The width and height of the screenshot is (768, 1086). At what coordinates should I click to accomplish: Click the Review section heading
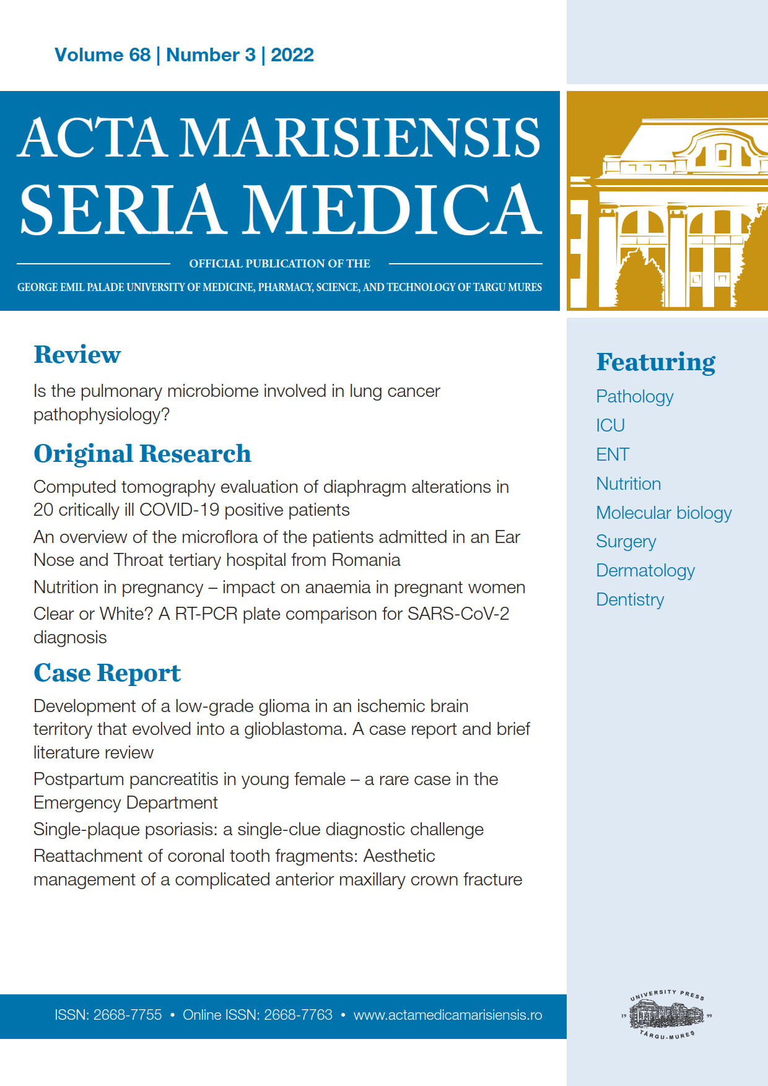[77, 355]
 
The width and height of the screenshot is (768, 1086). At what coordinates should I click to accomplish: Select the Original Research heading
[142, 454]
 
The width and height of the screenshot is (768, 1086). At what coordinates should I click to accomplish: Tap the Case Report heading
[107, 673]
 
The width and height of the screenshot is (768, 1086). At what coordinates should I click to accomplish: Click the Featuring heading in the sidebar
[655, 362]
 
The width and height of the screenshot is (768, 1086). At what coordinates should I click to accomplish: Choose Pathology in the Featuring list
[634, 397]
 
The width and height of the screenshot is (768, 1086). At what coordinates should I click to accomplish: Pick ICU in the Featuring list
[610, 426]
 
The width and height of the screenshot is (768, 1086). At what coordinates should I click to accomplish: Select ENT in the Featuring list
[613, 455]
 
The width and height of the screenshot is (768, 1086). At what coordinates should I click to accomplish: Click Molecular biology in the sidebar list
[663, 513]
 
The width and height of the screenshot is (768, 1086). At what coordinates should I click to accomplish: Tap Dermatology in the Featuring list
[645, 571]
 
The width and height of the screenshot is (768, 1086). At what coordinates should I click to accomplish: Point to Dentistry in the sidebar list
[629, 600]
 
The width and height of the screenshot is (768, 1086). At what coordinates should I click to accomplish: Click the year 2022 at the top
[292, 55]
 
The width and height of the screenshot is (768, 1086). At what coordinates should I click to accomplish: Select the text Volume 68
[102, 55]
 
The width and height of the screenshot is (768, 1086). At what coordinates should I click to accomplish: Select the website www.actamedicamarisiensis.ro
[447, 1015]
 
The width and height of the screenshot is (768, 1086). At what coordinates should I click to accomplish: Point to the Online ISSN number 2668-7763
[298, 1015]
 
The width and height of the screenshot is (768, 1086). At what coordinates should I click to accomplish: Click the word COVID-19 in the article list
[179, 510]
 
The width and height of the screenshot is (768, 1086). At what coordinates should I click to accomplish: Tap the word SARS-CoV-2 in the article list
[458, 614]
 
